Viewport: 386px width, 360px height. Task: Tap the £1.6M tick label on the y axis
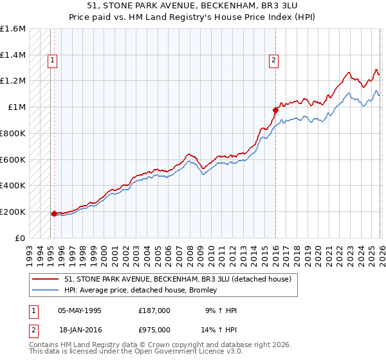pos(13,29)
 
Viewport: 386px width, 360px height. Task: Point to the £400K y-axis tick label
pos(13,186)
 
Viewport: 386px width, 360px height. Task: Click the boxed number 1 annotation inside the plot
pos(52,61)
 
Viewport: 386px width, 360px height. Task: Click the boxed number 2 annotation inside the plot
pos(274,61)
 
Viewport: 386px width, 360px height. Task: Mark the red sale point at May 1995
pos(54,213)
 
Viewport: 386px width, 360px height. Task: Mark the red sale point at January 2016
pos(275,110)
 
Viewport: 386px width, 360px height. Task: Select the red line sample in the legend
pos(46,279)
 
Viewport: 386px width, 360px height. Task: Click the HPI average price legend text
pos(141,290)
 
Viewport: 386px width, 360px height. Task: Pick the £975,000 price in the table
pos(154,329)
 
